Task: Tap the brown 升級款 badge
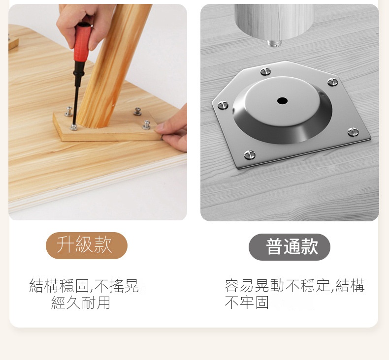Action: [87, 245]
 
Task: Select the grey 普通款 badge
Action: [290, 247]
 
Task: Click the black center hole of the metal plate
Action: [282, 101]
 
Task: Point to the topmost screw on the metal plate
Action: [265, 72]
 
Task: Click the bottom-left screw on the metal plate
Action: [250, 155]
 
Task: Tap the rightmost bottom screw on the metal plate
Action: [353, 132]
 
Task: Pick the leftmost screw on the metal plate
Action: [223, 105]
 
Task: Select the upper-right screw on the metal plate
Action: [332, 82]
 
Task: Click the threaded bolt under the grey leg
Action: [275, 43]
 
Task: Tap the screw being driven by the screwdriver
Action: [74, 127]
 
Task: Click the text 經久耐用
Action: [81, 302]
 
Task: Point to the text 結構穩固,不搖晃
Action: [84, 286]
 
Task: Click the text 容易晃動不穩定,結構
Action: [294, 285]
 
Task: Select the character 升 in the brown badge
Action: [65, 245]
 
